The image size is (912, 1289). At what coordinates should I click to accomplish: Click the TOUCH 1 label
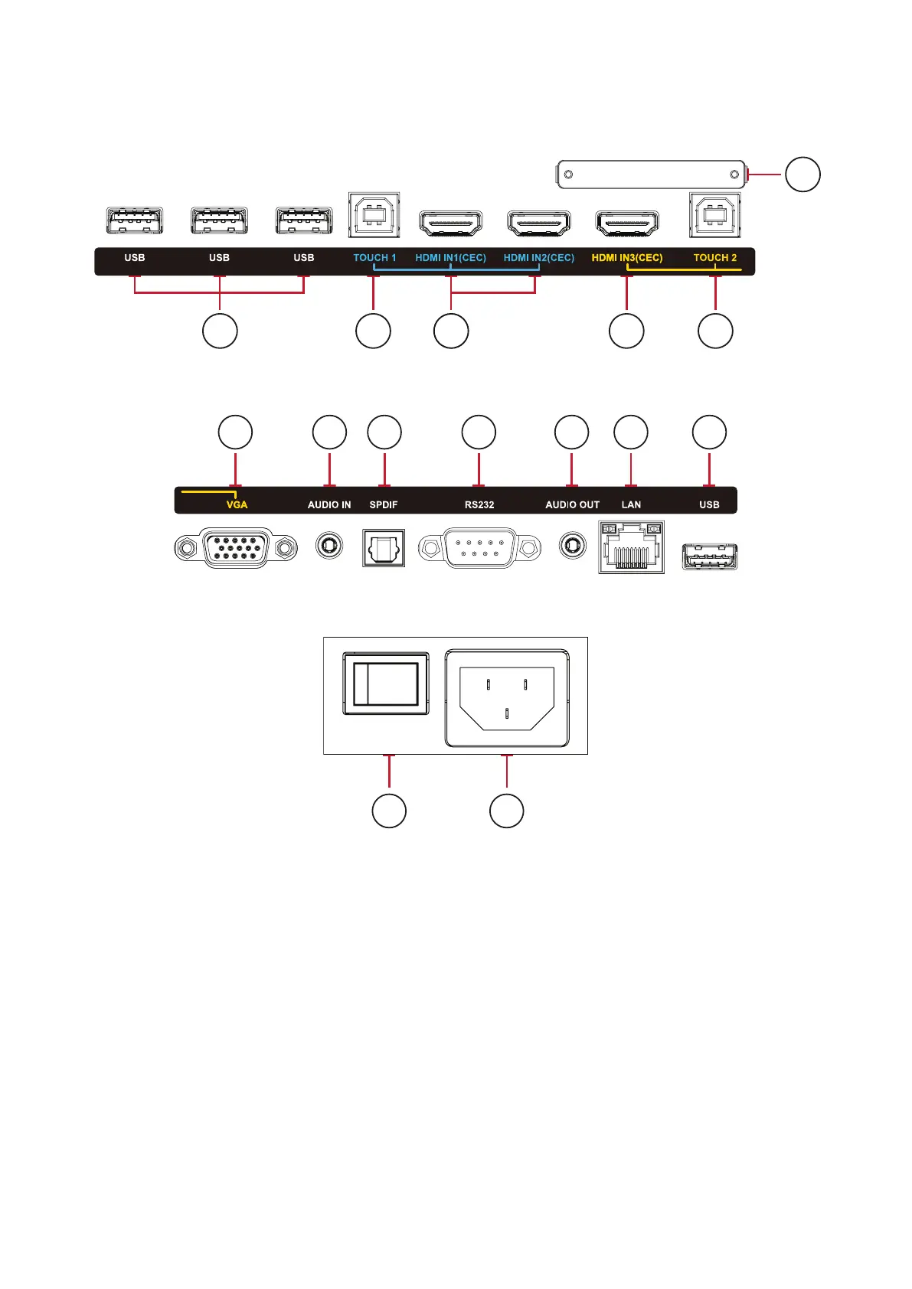tap(374, 258)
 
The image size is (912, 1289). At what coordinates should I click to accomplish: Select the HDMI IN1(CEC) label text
tap(450, 258)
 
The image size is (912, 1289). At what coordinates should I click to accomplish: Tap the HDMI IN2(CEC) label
tap(538, 258)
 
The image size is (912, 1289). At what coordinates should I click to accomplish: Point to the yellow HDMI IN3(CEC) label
tap(626, 258)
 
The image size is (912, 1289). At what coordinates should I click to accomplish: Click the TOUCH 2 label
tap(714, 258)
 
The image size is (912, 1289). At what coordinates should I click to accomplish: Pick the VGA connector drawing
tap(236, 548)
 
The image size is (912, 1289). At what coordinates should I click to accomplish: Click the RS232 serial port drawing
tap(479, 548)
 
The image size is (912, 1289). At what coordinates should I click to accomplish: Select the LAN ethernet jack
tap(631, 547)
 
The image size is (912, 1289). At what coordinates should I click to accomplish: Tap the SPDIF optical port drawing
tap(384, 548)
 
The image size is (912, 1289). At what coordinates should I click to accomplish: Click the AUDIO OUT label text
tap(572, 505)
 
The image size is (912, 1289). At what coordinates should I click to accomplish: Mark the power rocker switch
tap(385, 684)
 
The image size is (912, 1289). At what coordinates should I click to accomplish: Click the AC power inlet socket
tap(507, 697)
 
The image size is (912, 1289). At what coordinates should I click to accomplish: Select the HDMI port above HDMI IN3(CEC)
tap(627, 223)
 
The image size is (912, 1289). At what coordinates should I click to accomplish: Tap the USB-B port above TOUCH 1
tap(374, 215)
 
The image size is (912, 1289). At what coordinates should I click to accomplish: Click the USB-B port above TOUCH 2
tap(715, 215)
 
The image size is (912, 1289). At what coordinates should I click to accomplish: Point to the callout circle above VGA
tap(235, 432)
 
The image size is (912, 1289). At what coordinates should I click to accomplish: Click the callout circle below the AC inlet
tap(507, 811)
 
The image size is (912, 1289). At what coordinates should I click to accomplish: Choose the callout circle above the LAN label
tap(631, 432)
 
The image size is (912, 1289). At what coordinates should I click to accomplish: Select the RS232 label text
tap(479, 505)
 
